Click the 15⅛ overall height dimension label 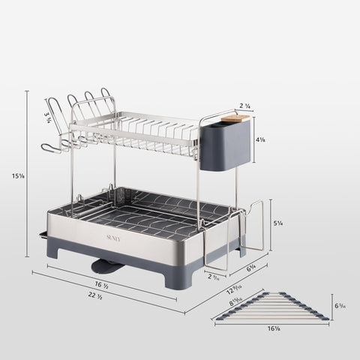16,175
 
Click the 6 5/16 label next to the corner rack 339,306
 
